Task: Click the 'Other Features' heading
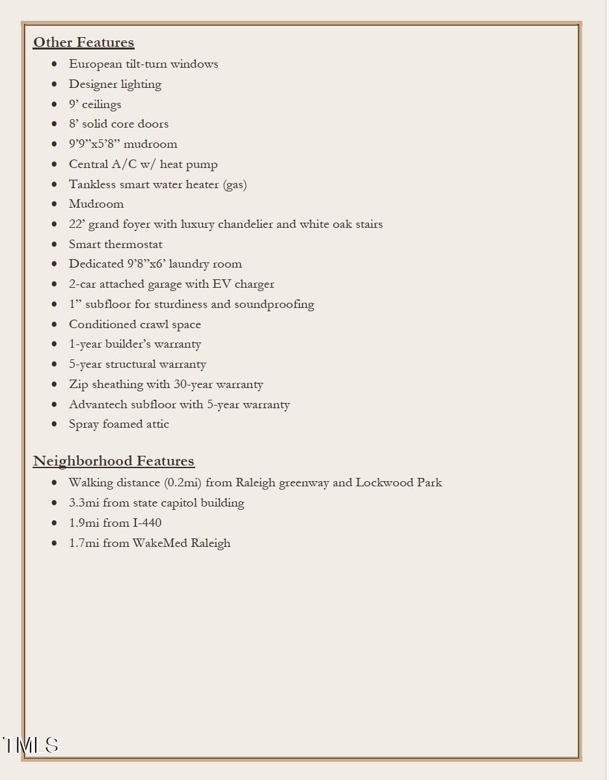(83, 42)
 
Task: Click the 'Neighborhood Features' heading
(113, 461)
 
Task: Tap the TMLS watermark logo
(31, 745)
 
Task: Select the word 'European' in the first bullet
(91, 64)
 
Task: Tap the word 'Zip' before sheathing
(78, 384)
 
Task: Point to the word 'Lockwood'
(385, 482)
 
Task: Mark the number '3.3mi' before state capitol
(84, 503)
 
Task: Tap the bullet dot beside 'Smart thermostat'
(55, 244)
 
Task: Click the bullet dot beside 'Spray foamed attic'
(55, 424)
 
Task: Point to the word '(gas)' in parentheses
(235, 184)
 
